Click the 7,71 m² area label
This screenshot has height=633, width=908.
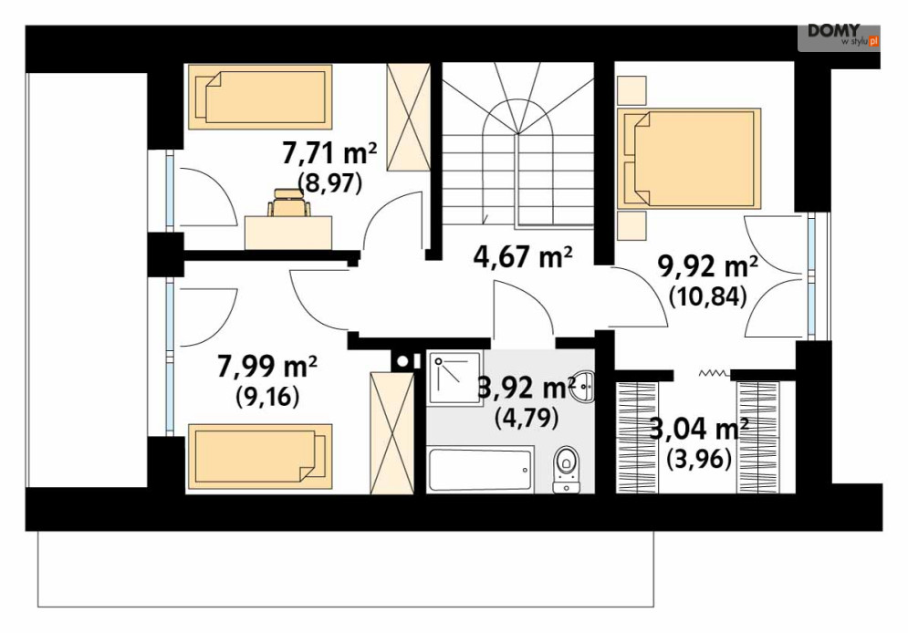click(x=329, y=154)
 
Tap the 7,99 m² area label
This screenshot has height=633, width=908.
click(x=267, y=367)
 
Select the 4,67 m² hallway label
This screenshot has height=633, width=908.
click(x=523, y=257)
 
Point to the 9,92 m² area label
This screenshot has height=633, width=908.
click(x=708, y=268)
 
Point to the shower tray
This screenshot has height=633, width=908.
click(x=455, y=378)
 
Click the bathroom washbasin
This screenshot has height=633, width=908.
click(x=586, y=386)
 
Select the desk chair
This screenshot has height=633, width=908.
click(x=288, y=202)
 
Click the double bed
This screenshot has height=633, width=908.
click(x=689, y=158)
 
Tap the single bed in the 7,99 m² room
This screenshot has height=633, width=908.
click(x=260, y=457)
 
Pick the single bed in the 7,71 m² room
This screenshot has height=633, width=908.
click(x=260, y=97)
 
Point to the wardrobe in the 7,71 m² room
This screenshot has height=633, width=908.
click(x=408, y=117)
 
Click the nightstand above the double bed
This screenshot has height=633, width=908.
click(x=631, y=90)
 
